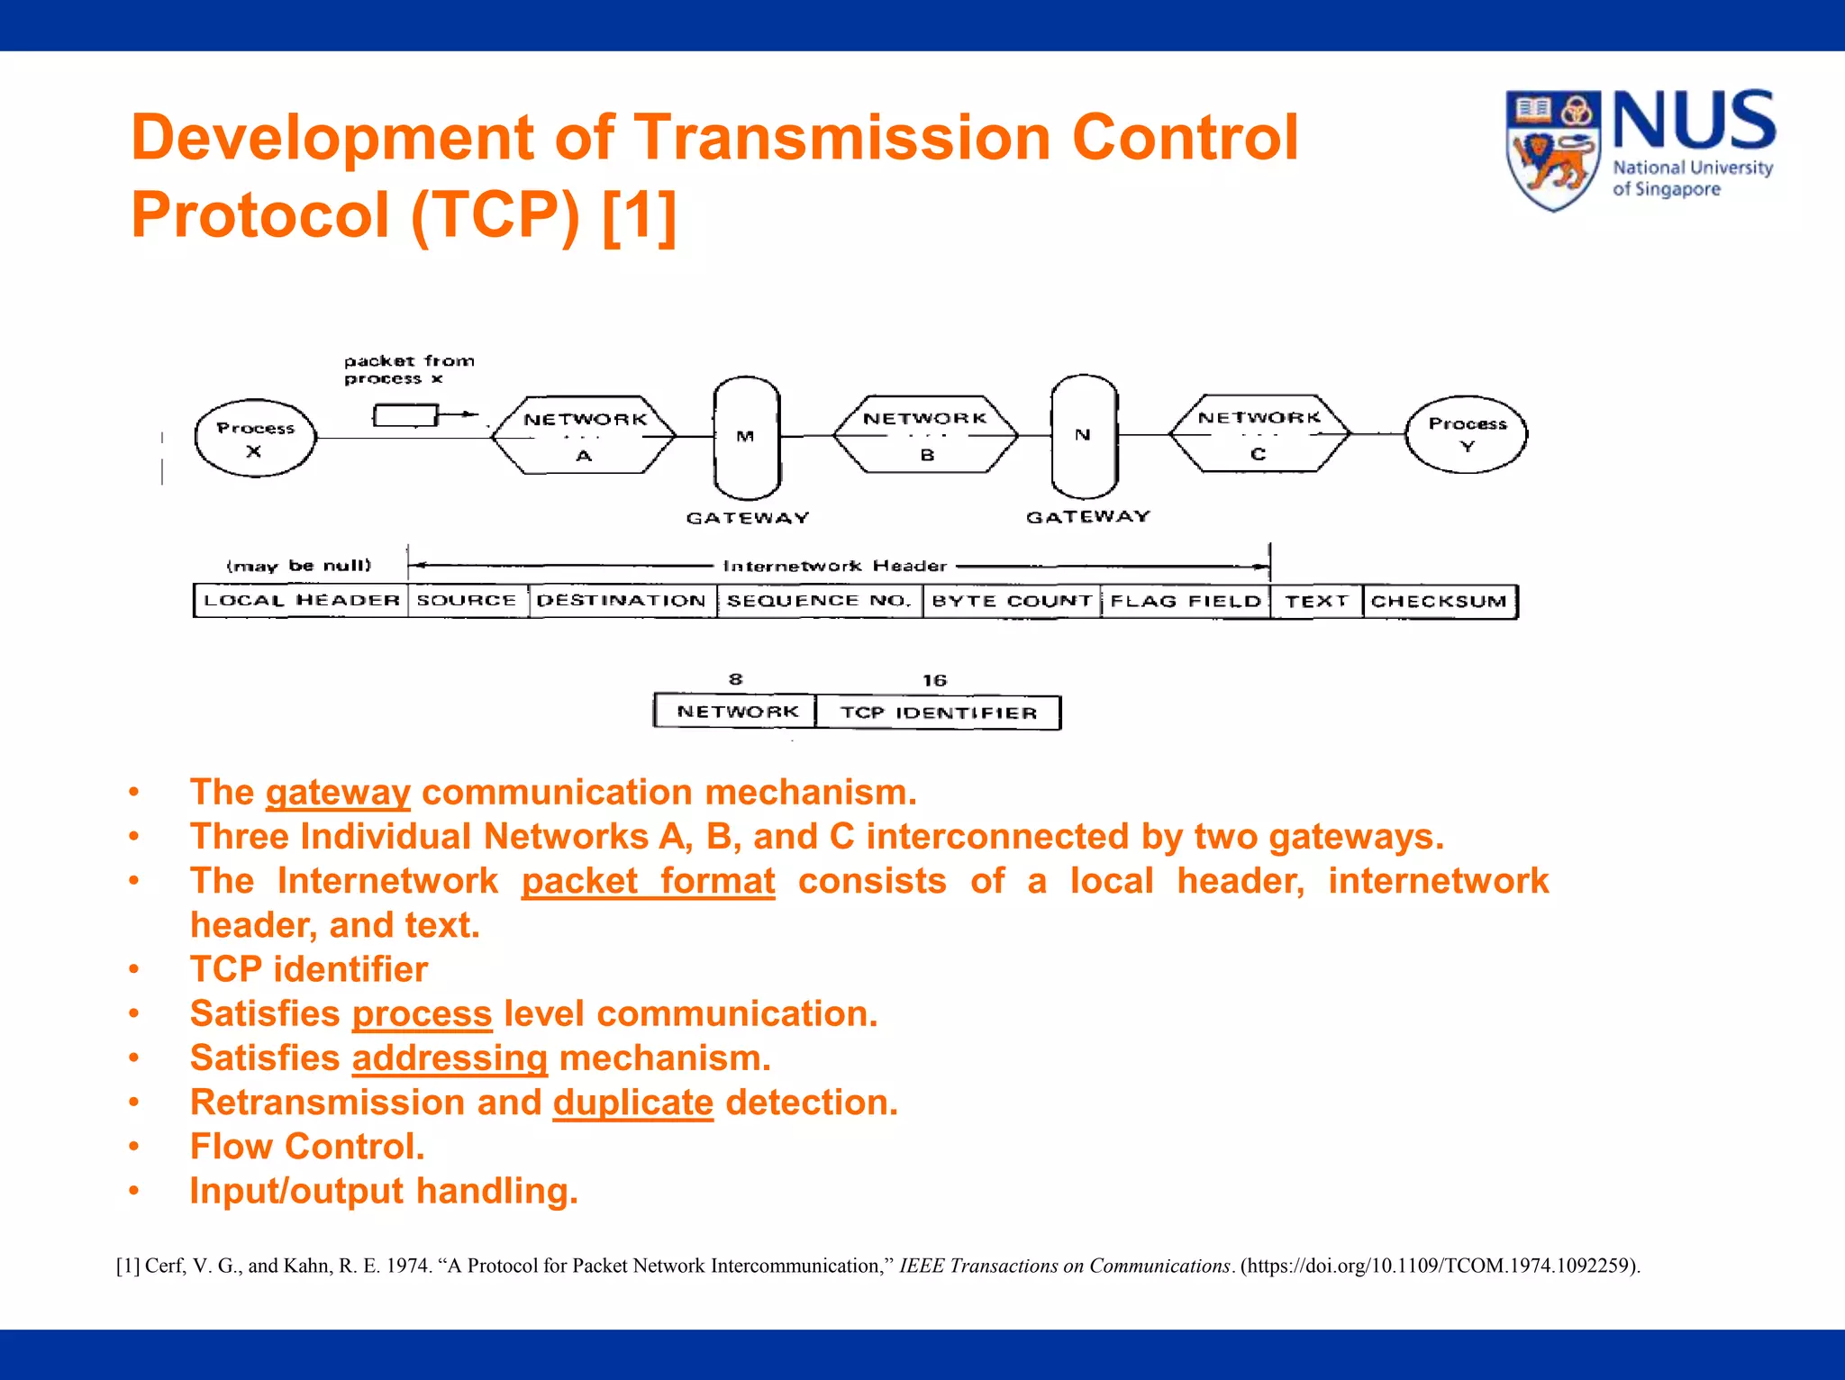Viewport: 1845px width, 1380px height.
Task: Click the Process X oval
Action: pyautogui.click(x=256, y=439)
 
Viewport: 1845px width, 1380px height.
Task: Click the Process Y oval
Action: pyautogui.click(x=1467, y=435)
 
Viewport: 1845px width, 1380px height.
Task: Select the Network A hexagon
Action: pyautogui.click(x=585, y=436)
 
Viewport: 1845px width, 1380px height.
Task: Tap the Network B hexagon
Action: pyautogui.click(x=925, y=435)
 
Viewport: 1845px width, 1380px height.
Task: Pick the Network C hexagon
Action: pyautogui.click(x=1259, y=434)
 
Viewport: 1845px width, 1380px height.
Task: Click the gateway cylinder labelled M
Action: pyautogui.click(x=746, y=437)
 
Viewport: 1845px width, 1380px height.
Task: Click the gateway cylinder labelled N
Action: pyautogui.click(x=1084, y=436)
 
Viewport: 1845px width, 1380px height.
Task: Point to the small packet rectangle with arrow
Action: pyautogui.click(x=406, y=415)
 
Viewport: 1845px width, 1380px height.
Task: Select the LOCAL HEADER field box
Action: pyautogui.click(x=301, y=601)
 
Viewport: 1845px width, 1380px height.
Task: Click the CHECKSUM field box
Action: pyautogui.click(x=1439, y=602)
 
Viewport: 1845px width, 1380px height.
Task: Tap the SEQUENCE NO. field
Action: pyautogui.click(x=819, y=601)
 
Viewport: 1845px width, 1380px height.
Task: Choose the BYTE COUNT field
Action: pyautogui.click(x=1011, y=601)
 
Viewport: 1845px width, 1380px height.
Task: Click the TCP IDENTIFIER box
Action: pyautogui.click(x=938, y=713)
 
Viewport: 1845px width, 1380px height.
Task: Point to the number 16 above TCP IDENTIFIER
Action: pyautogui.click(x=934, y=680)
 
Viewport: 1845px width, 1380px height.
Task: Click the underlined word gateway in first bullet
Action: pyautogui.click(x=338, y=793)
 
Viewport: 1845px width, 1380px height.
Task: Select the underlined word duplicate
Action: pyautogui.click(x=632, y=1103)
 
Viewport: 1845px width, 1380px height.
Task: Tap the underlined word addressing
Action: pyautogui.click(x=450, y=1058)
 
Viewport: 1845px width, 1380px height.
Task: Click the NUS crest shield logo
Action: pyautogui.click(x=1553, y=150)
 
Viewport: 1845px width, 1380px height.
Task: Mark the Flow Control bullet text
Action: pyautogui.click(x=307, y=1147)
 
